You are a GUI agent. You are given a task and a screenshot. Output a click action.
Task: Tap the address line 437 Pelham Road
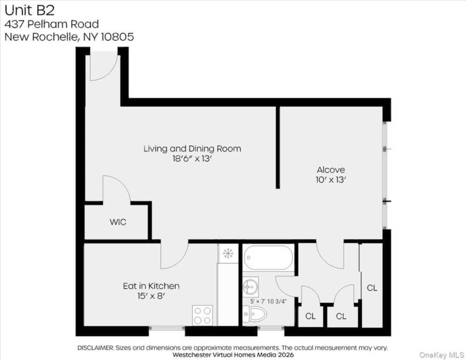52,24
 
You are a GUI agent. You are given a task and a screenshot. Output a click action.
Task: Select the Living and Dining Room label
192,149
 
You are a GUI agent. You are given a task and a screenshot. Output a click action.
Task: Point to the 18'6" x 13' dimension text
192,159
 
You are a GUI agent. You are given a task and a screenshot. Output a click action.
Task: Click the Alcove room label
331,170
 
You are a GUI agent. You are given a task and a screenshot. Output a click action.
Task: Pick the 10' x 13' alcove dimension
331,180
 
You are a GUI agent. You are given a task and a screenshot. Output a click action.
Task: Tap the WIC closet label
118,222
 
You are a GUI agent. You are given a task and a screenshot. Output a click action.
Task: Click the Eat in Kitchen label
151,286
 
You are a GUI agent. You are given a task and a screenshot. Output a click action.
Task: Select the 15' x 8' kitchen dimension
151,296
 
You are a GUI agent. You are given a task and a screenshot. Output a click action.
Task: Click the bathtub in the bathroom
268,258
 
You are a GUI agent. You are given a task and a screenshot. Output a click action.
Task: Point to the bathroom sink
250,285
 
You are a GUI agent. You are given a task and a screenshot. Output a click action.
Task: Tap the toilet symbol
256,314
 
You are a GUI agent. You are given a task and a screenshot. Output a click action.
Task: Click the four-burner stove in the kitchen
203,315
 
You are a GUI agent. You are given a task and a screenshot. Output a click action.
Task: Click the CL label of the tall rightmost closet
372,288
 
